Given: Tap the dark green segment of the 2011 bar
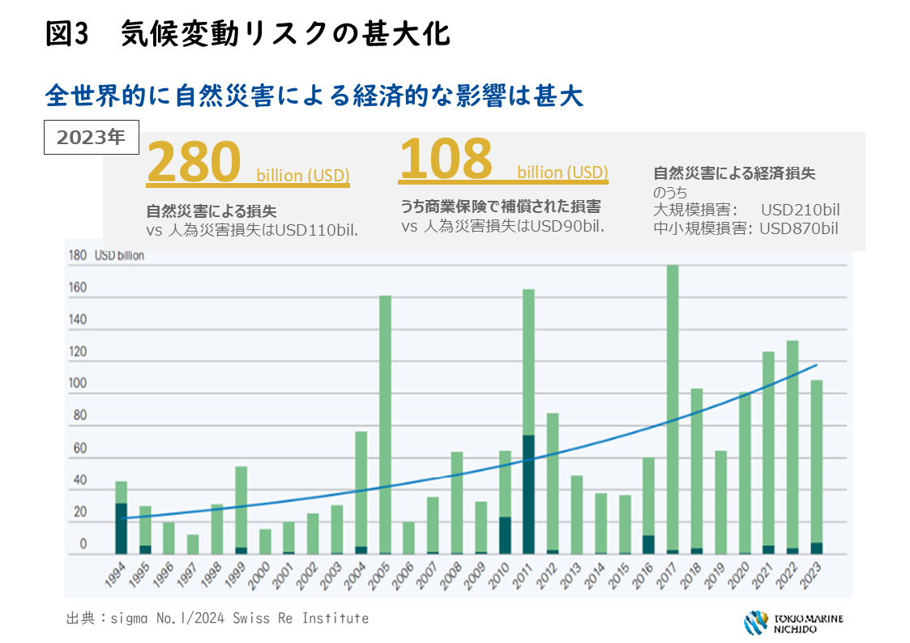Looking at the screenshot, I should (x=528, y=494).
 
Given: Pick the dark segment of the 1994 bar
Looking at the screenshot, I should (x=121, y=528).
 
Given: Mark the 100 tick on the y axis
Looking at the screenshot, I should (x=78, y=394).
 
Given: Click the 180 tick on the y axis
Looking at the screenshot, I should (x=78, y=256).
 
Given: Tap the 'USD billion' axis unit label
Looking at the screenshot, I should (x=119, y=256).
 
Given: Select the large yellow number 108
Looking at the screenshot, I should (x=446, y=158).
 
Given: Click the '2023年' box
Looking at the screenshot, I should (x=91, y=137).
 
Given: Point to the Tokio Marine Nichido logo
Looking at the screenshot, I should (x=793, y=623).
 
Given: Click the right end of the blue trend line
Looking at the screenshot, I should (x=816, y=365).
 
